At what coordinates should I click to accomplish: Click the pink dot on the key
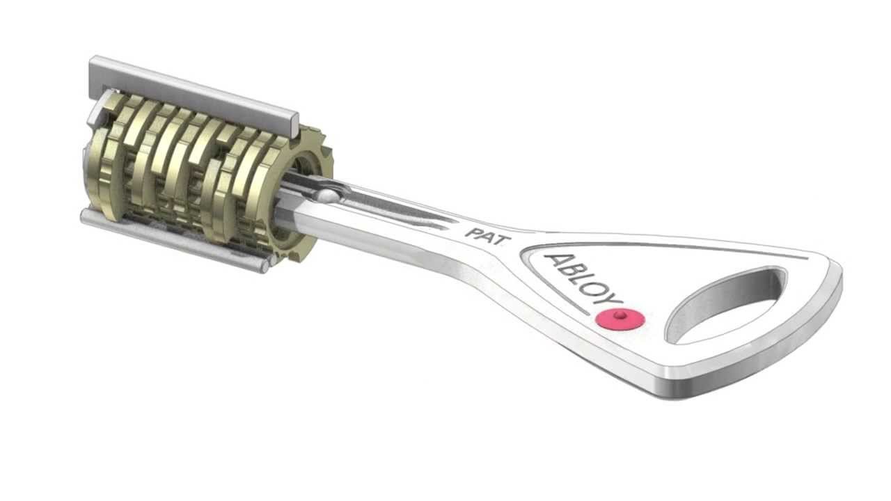[620, 319]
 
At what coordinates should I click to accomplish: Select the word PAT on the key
[487, 234]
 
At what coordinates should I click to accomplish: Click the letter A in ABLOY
[555, 263]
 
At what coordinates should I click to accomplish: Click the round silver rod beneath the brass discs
[174, 240]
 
